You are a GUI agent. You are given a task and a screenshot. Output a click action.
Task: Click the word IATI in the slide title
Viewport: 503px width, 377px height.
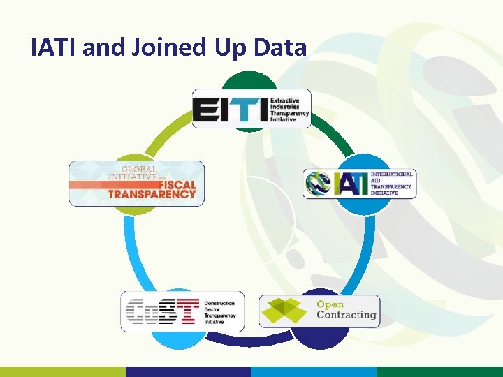pyautogui.click(x=54, y=47)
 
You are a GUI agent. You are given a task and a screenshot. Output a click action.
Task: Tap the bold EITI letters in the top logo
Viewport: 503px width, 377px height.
pyautogui.click(x=230, y=110)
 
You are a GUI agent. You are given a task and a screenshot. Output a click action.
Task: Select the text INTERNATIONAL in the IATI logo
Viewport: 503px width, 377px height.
pyautogui.click(x=391, y=174)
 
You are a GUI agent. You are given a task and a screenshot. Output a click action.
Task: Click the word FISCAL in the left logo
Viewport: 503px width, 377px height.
pyautogui.click(x=170, y=185)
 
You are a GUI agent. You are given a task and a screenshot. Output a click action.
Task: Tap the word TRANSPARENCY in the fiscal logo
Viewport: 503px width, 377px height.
pyautogui.click(x=152, y=194)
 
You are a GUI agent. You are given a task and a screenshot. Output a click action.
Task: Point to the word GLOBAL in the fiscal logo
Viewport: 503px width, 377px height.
pyautogui.click(x=139, y=168)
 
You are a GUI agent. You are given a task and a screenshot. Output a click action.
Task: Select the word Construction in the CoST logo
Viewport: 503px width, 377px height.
pyautogui.click(x=219, y=304)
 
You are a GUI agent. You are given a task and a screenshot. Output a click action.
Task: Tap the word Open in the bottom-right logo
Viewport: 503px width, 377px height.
pyautogui.click(x=330, y=304)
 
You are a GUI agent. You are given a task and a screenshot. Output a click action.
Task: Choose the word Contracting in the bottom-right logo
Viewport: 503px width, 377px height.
pyautogui.click(x=347, y=315)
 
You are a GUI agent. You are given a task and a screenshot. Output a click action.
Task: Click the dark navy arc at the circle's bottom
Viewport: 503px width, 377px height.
pyautogui.click(x=251, y=340)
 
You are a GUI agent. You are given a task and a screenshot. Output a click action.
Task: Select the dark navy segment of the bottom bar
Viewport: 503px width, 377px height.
pyautogui.click(x=188, y=371)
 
